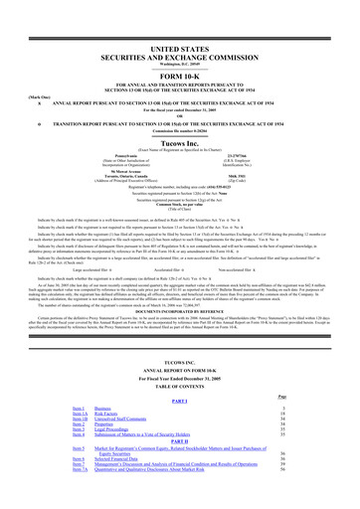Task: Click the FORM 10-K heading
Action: coord(179,50)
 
